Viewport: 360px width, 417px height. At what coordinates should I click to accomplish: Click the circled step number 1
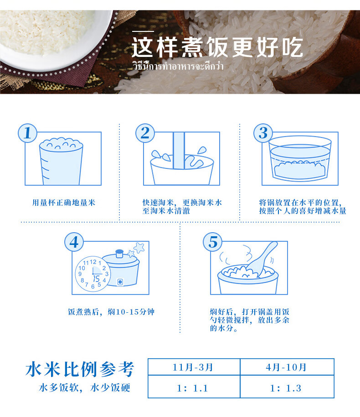pos(27,133)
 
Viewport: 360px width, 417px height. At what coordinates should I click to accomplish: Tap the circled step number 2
pos(145,133)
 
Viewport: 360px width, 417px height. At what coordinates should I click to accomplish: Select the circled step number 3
pos(263,133)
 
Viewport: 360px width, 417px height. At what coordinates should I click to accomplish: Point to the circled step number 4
pos(74,242)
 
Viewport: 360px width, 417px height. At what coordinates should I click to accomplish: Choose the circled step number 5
pos(213,242)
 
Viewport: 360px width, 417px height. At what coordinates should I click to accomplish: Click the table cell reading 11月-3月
pos(194,367)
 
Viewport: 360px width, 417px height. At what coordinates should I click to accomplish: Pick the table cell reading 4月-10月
pos(287,367)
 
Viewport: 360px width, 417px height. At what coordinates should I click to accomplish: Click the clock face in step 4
pos(93,274)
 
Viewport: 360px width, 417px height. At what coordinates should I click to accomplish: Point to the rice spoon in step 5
pos(262,259)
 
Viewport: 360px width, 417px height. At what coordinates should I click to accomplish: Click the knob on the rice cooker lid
pos(119,254)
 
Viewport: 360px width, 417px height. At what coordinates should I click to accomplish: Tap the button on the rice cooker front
pos(120,282)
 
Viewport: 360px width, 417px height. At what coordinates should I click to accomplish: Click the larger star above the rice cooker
pos(139,248)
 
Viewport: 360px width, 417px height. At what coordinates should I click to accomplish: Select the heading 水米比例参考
pos(80,369)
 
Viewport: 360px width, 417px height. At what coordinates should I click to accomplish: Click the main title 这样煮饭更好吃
pos(217,47)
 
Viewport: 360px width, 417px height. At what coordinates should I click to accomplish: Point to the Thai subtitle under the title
pos(178,66)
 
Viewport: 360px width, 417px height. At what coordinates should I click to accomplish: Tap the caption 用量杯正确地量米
pos(64,203)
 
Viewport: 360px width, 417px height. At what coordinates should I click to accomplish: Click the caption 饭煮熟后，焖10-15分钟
pos(111,312)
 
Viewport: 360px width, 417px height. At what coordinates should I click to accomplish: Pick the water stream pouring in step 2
pos(179,151)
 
